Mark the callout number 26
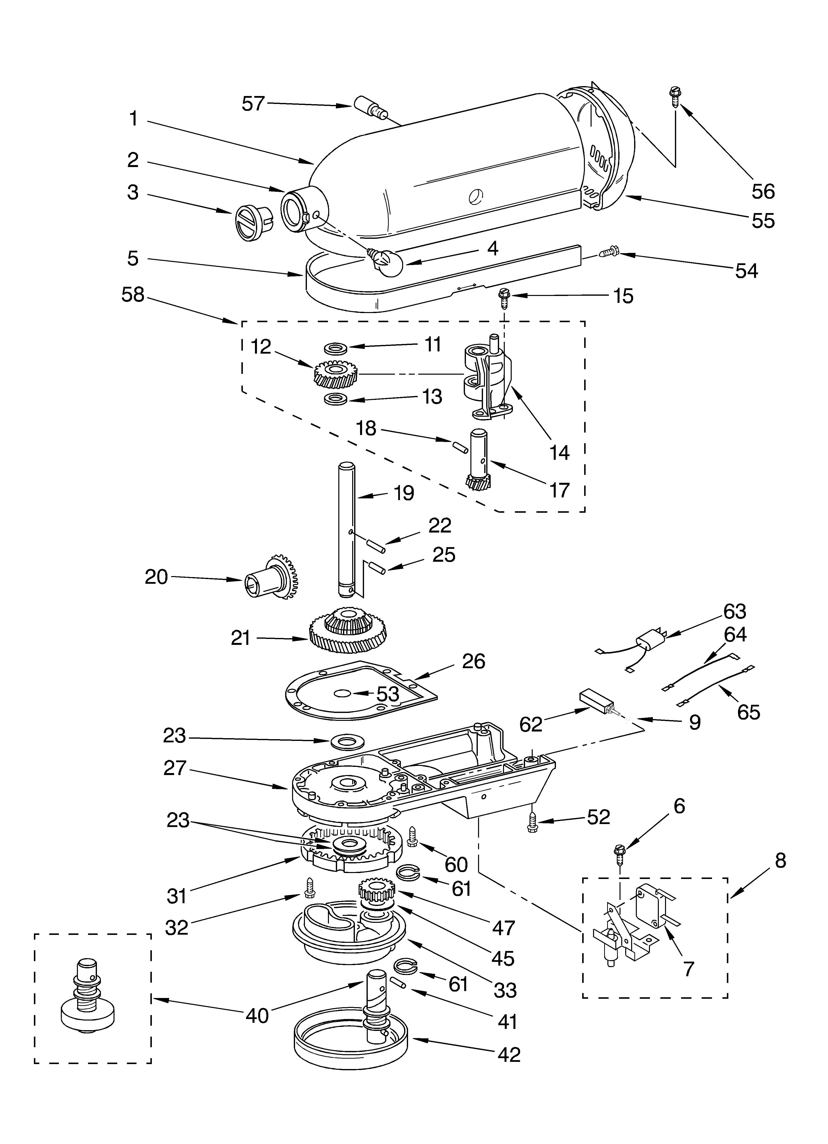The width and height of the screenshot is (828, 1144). click(x=474, y=661)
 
